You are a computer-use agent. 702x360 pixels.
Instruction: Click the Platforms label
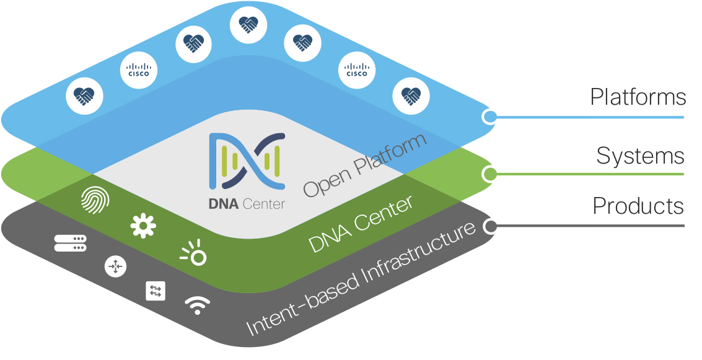pyautogui.click(x=638, y=97)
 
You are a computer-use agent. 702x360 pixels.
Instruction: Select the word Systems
pyautogui.click(x=640, y=156)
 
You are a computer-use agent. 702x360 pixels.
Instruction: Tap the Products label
pyautogui.click(x=638, y=206)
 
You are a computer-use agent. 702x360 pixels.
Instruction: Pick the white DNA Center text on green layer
pyautogui.click(x=361, y=224)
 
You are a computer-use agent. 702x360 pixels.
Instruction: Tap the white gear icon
pyautogui.click(x=143, y=226)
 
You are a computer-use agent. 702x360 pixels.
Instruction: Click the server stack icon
pyautogui.click(x=69, y=243)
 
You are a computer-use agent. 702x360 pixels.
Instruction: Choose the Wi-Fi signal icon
pyautogui.click(x=198, y=305)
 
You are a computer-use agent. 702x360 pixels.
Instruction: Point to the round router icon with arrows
pyautogui.click(x=115, y=266)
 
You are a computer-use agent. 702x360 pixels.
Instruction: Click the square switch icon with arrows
pyautogui.click(x=156, y=291)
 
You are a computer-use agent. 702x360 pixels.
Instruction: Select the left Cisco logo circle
pyautogui.click(x=139, y=71)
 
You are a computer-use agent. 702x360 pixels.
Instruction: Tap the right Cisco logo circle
pyautogui.click(x=357, y=71)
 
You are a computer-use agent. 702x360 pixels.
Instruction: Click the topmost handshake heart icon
pyautogui.click(x=248, y=24)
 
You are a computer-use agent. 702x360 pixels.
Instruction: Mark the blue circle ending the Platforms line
pyautogui.click(x=489, y=116)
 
